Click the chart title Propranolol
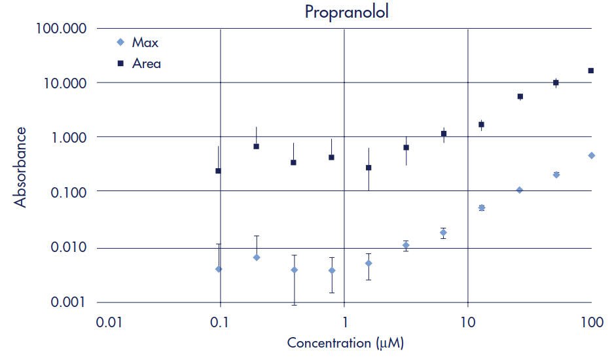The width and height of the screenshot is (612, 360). pyautogui.click(x=346, y=12)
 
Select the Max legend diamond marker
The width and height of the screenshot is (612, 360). pyautogui.click(x=119, y=43)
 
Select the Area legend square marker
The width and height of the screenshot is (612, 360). pyautogui.click(x=119, y=63)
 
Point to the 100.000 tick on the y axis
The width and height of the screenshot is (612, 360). pyautogui.click(x=60, y=29)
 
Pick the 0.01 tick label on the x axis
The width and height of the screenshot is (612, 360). pyautogui.click(x=109, y=323)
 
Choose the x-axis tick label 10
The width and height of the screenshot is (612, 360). pyautogui.click(x=467, y=323)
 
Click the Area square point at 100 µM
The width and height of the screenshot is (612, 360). pyautogui.click(x=591, y=71)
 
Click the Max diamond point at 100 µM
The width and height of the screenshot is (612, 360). pyautogui.click(x=591, y=156)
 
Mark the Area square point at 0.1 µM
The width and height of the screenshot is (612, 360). pyautogui.click(x=219, y=171)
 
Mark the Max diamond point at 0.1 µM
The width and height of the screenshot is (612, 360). pyautogui.click(x=219, y=269)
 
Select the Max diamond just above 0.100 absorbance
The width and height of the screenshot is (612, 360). pyautogui.click(x=520, y=190)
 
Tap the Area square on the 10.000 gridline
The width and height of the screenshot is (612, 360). pyautogui.click(x=556, y=82)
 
